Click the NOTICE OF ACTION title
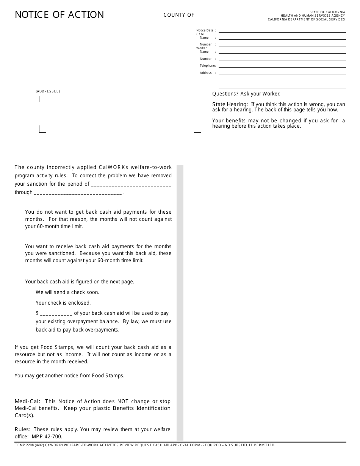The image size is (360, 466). click(x=59, y=15)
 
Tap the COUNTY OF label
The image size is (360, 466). click(x=179, y=15)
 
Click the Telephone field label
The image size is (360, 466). click(x=208, y=66)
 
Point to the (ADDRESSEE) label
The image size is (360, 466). click(x=48, y=91)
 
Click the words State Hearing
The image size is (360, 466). click(x=230, y=105)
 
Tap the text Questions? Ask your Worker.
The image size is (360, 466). click(x=246, y=94)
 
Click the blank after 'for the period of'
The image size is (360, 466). click(x=131, y=184)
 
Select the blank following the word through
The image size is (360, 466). click(x=78, y=192)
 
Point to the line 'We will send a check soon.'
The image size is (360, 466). click(x=67, y=292)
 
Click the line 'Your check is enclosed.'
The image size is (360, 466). click(x=63, y=303)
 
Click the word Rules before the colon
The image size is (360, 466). click(x=22, y=430)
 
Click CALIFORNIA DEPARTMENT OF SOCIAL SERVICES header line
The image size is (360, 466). click(x=306, y=19)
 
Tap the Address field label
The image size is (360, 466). click(x=206, y=73)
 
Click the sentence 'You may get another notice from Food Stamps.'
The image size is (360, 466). click(x=69, y=376)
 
